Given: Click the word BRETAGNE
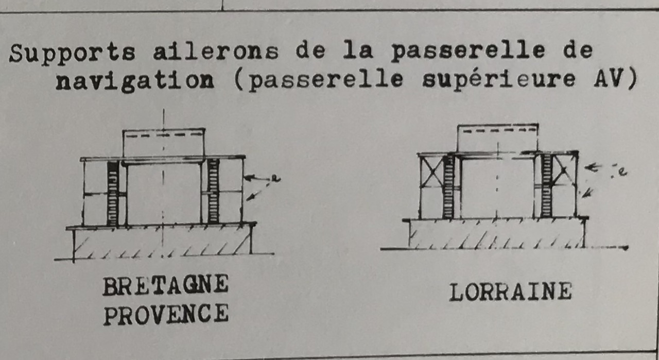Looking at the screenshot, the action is click(165, 286).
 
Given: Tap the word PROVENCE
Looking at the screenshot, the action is click(166, 314).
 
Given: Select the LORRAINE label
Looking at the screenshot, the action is click(510, 292).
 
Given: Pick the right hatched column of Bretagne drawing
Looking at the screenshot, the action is click(213, 191).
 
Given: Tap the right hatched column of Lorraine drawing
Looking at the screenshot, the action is click(546, 185).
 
